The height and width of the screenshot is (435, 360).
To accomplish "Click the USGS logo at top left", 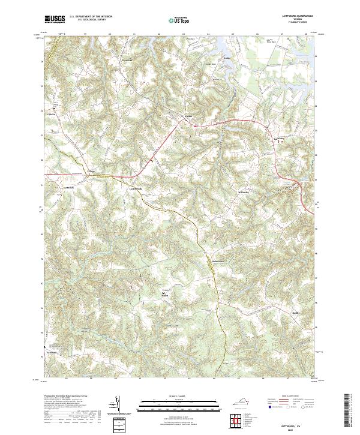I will pos(54,19).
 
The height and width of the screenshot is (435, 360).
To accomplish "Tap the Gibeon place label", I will pos(51,112).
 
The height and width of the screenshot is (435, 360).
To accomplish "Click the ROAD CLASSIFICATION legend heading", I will pos(294,397).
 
